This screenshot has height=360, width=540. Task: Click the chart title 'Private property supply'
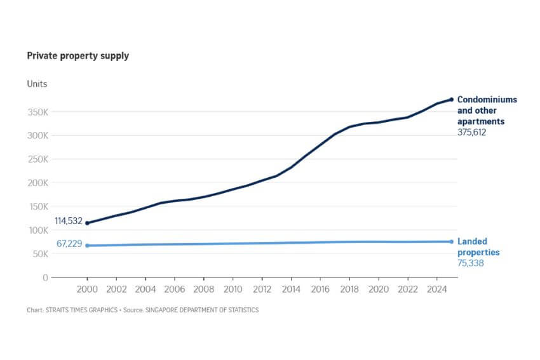(x=78, y=56)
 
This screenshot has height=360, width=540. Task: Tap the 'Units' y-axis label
(x=37, y=84)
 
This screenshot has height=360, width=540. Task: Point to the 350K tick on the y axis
(x=37, y=112)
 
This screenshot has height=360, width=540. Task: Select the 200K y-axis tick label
(x=37, y=183)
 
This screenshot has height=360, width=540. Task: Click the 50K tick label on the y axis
(x=39, y=254)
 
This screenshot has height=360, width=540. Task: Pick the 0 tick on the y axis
(x=45, y=277)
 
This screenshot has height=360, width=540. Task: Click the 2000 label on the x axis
(x=87, y=290)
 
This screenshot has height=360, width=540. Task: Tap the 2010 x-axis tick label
(x=233, y=290)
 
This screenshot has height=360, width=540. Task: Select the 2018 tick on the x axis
(x=349, y=290)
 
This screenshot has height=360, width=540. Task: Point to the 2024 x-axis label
(x=436, y=290)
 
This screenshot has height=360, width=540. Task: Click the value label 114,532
(x=69, y=220)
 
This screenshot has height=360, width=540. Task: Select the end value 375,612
(x=476, y=133)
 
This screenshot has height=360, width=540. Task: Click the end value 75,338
(x=471, y=263)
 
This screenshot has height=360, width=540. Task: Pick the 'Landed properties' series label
(x=478, y=247)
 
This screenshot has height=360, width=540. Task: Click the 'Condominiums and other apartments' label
(x=487, y=110)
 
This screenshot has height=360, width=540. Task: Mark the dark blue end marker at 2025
(x=452, y=100)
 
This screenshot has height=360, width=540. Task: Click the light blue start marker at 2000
(x=87, y=246)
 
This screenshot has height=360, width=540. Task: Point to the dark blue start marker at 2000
(x=87, y=223)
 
